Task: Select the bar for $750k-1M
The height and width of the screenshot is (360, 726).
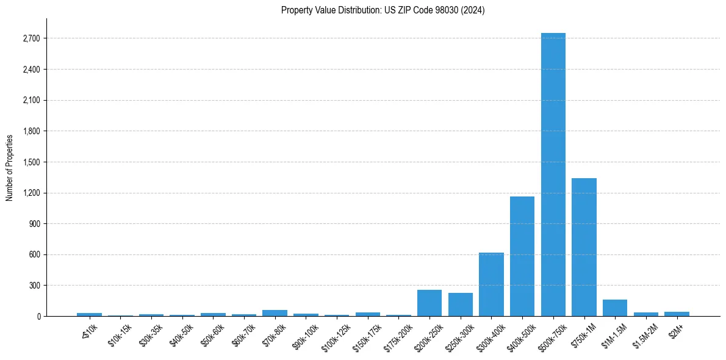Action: (584, 247)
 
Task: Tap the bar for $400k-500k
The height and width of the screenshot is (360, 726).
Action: (522, 256)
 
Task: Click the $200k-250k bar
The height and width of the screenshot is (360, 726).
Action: (429, 303)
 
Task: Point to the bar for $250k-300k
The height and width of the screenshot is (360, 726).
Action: (461, 304)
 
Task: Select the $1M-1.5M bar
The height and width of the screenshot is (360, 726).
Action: (615, 308)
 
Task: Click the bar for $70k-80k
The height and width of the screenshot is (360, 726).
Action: (275, 313)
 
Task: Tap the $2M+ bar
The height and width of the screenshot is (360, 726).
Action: (677, 314)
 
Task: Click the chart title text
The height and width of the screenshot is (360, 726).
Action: (383, 10)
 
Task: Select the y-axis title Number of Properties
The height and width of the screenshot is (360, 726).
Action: (10, 167)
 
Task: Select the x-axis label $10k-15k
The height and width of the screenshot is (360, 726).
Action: (120, 333)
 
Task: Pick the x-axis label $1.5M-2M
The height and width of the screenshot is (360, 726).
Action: (644, 334)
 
